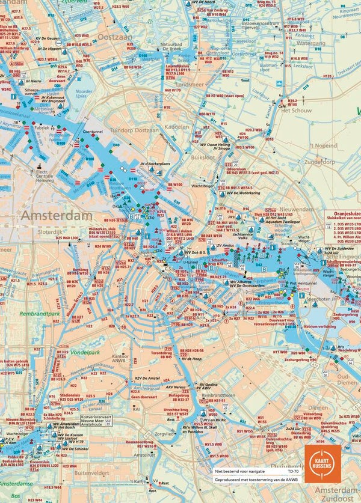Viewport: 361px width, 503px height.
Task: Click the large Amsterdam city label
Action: tap(57, 215)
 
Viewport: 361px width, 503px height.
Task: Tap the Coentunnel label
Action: tap(94, 130)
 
